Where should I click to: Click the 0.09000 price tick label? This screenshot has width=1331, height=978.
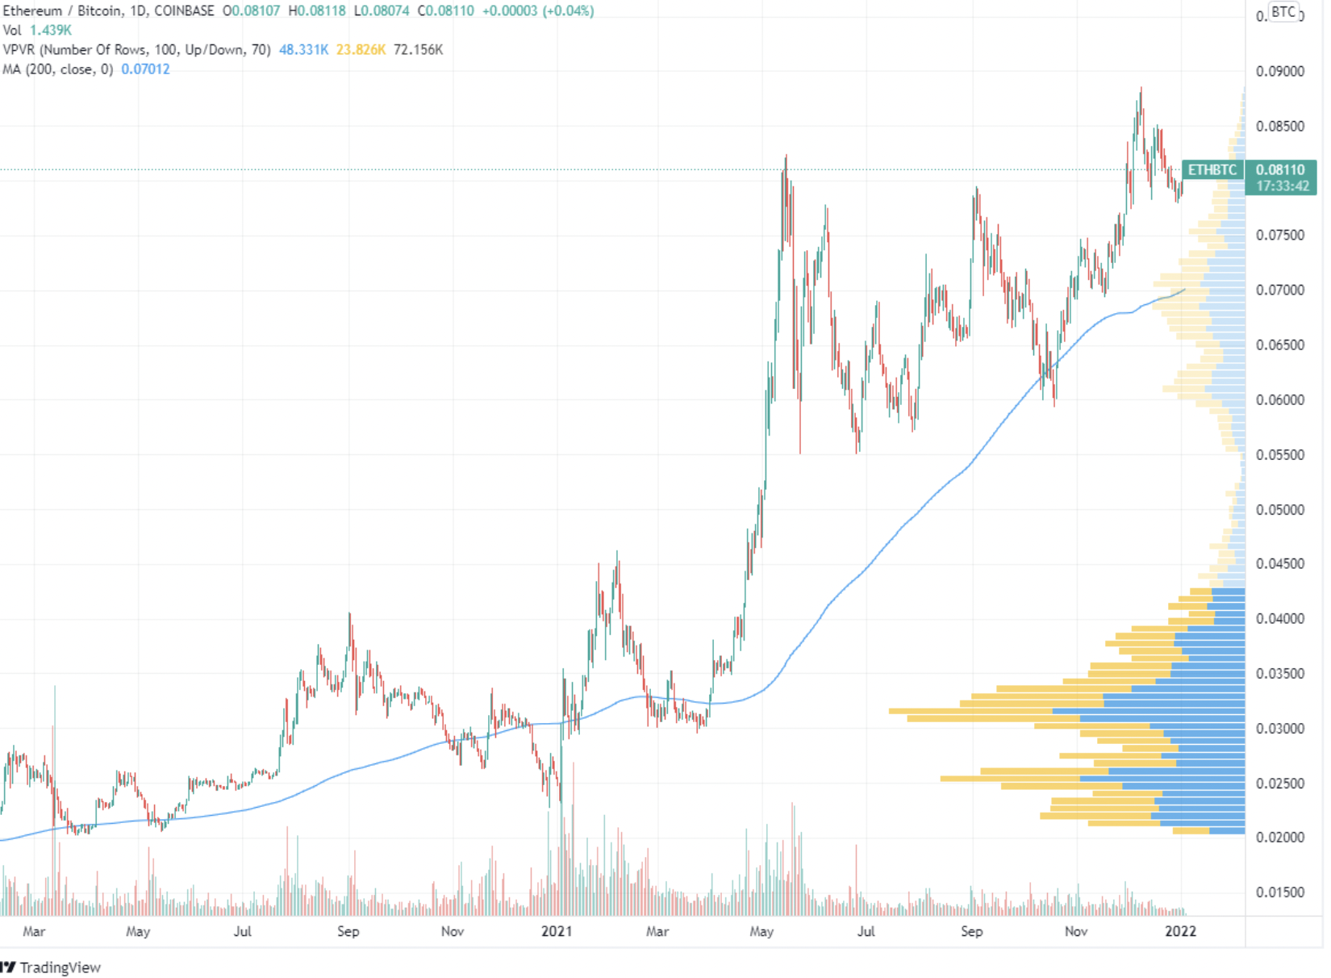(x=1279, y=71)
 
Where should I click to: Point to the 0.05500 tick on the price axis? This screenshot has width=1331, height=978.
(x=1279, y=454)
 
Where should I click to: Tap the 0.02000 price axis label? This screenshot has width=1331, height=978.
(x=1279, y=837)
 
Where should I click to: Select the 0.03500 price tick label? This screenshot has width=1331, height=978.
(x=1279, y=673)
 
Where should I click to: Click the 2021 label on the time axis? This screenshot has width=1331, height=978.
(x=556, y=931)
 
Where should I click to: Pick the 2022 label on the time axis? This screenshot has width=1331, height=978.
(x=1180, y=931)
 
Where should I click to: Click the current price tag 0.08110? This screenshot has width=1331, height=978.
(x=1280, y=169)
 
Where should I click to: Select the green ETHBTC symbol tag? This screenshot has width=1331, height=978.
(x=1212, y=169)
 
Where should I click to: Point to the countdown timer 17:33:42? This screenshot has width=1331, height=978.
(x=1282, y=186)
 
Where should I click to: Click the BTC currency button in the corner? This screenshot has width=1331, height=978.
(x=1283, y=12)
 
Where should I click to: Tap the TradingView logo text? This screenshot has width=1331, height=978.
(x=60, y=967)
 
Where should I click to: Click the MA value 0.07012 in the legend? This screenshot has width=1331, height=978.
(x=145, y=69)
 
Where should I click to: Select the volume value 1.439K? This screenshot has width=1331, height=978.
(x=51, y=31)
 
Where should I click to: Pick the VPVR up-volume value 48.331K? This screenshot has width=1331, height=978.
(x=303, y=50)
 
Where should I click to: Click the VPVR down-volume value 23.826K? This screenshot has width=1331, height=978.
(x=361, y=50)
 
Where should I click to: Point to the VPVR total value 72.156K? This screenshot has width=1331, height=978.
(x=418, y=50)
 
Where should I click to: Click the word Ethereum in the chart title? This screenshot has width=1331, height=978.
(x=32, y=11)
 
